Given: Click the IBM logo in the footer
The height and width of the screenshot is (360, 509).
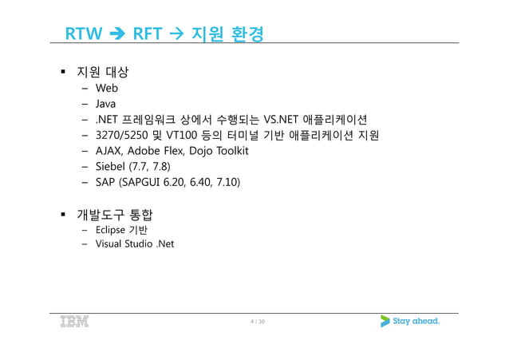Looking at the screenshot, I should [x=74, y=322].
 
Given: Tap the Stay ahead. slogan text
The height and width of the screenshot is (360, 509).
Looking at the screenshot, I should [x=418, y=322].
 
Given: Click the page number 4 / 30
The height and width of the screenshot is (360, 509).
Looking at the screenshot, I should [x=256, y=322].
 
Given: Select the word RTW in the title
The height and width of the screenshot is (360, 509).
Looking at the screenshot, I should [x=81, y=34].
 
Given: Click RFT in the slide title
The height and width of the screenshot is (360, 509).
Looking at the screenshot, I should [x=147, y=34].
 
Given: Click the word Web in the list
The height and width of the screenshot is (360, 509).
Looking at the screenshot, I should [x=106, y=88].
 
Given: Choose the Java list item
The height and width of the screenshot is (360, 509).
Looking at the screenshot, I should [x=105, y=103].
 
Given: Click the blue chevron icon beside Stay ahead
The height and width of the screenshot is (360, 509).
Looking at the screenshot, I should [x=385, y=322].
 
